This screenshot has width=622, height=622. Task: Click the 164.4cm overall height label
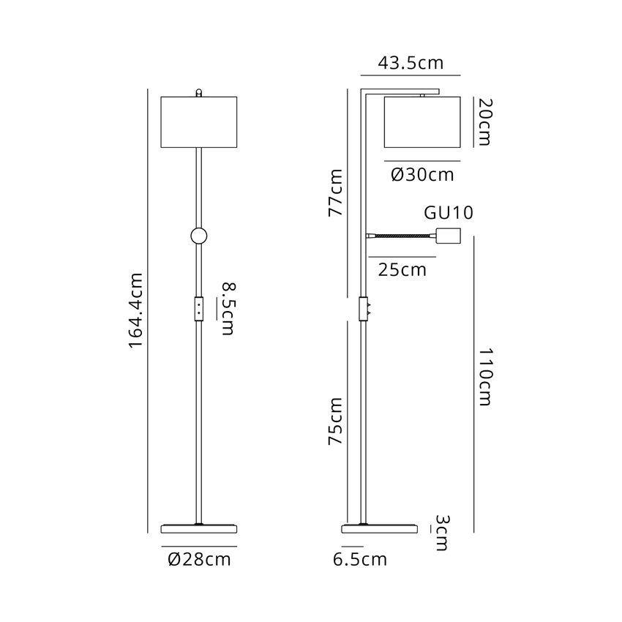135,310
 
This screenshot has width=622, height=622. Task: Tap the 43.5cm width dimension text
411,63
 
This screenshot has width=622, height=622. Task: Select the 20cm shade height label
484,122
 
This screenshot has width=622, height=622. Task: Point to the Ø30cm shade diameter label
422,175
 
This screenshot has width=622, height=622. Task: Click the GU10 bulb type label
449,213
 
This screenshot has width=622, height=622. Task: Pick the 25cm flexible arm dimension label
402,270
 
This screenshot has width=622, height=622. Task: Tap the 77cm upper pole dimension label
336,192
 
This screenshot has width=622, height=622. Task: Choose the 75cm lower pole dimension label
336,421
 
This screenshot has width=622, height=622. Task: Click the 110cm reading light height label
484,377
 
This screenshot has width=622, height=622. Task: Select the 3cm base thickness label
442,533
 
